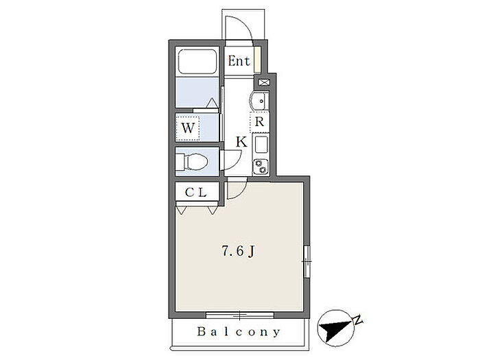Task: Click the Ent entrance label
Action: click(239, 61)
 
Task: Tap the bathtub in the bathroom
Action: click(197, 63)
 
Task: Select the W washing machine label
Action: click(189, 127)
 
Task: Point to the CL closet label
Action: click(196, 193)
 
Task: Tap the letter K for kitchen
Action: click(241, 142)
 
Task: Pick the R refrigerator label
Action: click(260, 122)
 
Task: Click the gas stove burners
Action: click(261, 165)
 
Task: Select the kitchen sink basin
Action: click(261, 145)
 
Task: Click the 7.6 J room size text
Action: click(238, 252)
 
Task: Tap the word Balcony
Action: click(239, 333)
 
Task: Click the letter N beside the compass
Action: click(357, 319)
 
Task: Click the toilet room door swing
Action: click(231, 160)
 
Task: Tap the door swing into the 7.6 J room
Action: click(235, 189)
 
